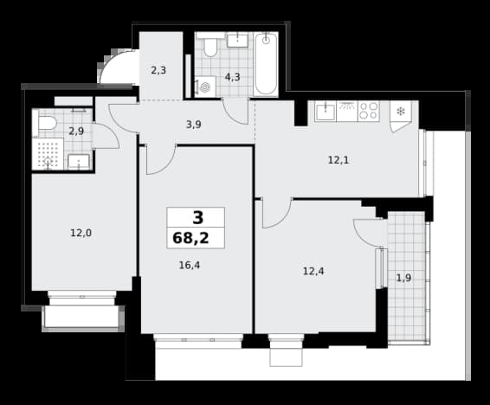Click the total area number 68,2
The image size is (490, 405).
190,238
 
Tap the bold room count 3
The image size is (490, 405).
197,218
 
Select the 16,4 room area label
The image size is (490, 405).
190,266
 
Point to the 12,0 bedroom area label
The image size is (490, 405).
81,233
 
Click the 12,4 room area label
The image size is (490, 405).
313,272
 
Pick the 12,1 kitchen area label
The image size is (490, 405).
338,160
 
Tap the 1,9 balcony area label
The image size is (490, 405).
403,278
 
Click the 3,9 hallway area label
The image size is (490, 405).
193,125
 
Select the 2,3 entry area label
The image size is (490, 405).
158,71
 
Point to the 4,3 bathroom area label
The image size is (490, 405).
233,77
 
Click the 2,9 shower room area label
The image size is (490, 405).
76,132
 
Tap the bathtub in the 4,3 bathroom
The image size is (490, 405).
266,64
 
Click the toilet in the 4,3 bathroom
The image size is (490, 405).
210,45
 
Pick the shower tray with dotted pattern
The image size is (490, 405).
48,154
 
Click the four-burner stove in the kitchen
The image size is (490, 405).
369,111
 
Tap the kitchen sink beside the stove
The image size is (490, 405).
326,111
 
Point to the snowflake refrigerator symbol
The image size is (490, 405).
401,111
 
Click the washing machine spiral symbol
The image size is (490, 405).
205,87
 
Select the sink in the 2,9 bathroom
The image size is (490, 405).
79,162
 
